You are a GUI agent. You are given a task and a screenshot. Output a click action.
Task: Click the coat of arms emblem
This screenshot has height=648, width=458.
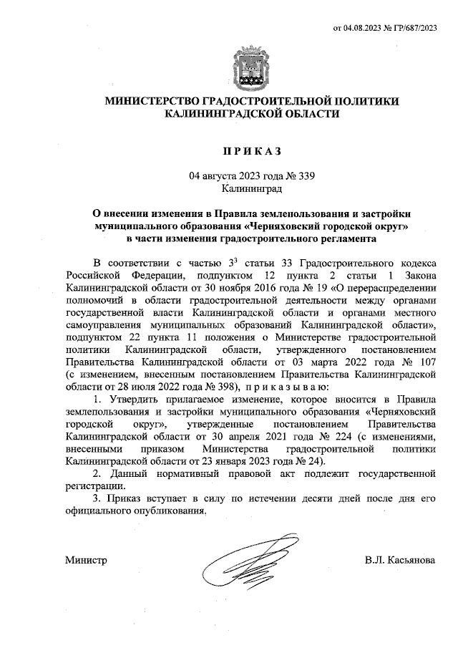click(x=250, y=67)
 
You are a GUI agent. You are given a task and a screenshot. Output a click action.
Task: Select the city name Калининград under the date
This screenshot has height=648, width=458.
click(x=250, y=189)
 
